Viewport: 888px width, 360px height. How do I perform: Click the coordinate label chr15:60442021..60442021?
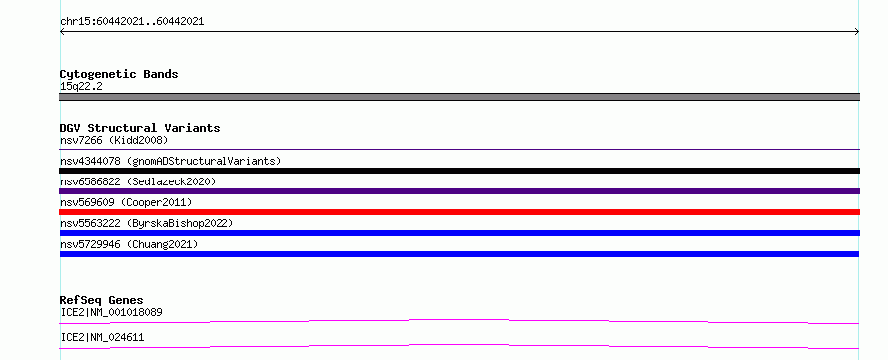point(132,22)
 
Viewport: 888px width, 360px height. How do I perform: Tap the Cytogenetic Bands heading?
point(119,74)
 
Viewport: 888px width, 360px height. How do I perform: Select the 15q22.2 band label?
point(81,87)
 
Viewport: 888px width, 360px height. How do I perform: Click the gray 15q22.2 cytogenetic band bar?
point(459,97)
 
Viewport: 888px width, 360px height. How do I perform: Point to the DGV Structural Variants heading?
point(140,128)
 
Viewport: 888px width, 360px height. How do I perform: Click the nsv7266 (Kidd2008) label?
point(114,140)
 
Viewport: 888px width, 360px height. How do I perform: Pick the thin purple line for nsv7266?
point(459,149)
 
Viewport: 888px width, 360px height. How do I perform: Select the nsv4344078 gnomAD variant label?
point(171,161)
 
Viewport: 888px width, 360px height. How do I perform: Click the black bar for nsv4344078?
point(459,171)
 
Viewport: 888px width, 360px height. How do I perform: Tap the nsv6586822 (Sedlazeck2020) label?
point(138,181)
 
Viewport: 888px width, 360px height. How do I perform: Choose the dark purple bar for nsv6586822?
point(459,191)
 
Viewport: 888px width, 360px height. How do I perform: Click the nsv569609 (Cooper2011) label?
point(126,202)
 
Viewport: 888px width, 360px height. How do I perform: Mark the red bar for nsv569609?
point(459,212)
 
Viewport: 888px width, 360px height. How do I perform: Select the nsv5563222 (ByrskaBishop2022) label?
point(147,223)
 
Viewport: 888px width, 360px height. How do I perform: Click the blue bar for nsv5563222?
point(459,233)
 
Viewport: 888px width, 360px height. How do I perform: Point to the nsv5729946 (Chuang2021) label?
point(129,244)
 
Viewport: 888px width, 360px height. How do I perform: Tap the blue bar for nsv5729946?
point(459,254)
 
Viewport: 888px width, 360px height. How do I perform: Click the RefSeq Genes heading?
point(101,300)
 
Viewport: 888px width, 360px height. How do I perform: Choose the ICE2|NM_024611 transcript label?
point(102,337)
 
